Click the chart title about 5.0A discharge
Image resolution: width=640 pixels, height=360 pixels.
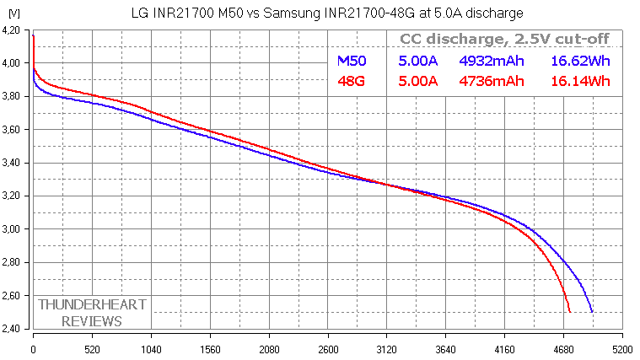pos(327,13)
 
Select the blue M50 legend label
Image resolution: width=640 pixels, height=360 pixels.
pos(351,62)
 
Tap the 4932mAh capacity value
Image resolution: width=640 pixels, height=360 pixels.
pos(491,62)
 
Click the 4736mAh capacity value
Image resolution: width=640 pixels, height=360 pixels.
pos(491,81)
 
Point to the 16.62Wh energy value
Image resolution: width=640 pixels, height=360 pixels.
pos(580,62)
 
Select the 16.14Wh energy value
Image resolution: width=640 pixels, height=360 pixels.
pos(580,81)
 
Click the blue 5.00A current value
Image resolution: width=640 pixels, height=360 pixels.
pos(417,62)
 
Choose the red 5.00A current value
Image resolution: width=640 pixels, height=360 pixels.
pos(417,81)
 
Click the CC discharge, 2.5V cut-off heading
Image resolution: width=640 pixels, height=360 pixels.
pos(503,40)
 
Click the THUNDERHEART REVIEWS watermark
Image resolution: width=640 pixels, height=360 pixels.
pos(80,312)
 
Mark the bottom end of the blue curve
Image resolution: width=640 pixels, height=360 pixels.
pos(592,312)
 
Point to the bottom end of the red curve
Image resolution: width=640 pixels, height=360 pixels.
pos(570,312)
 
